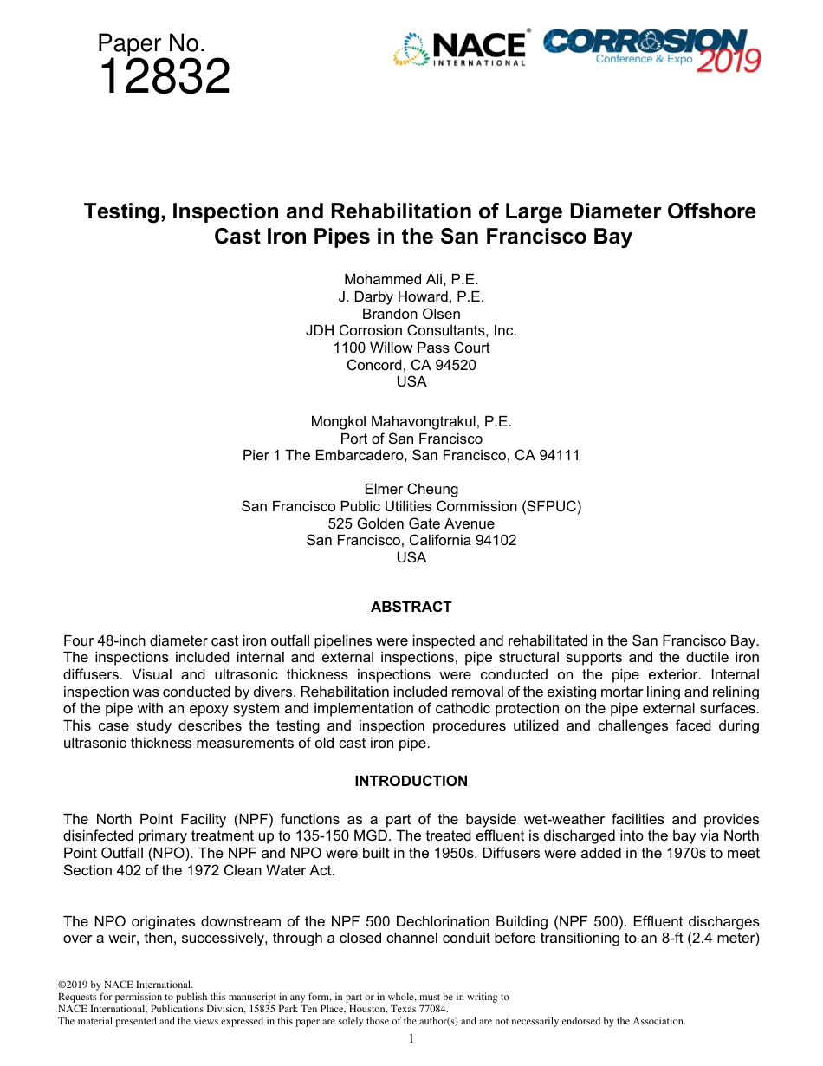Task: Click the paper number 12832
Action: click(165, 78)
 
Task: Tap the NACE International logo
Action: click(460, 49)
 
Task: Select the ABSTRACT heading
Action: click(411, 608)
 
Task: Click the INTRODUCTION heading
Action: click(411, 782)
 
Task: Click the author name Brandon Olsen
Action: click(411, 314)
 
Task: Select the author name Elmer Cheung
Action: click(411, 490)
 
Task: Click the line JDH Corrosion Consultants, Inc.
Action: click(411, 331)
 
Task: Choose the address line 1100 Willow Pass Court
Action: click(411, 348)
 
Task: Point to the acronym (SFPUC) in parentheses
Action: click(552, 507)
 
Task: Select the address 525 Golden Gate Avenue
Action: click(411, 523)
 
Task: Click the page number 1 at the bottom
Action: click(411, 1038)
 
